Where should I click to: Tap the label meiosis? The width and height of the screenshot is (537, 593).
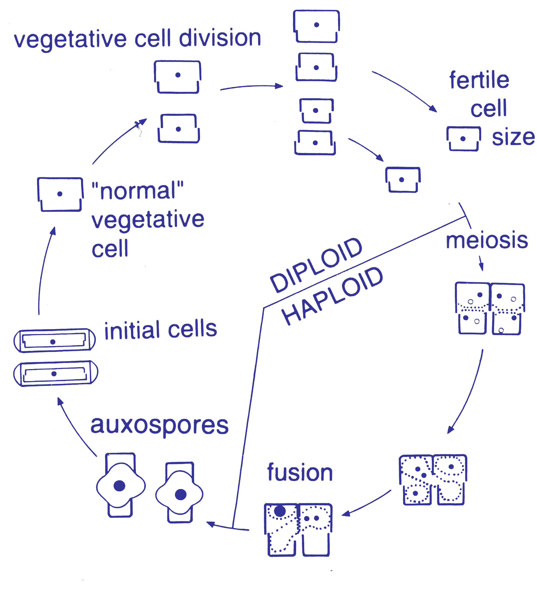click(486, 241)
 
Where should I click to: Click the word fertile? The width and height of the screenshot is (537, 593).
click(479, 80)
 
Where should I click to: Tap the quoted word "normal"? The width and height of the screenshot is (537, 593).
click(138, 191)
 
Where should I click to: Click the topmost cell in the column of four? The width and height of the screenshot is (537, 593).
click(316, 26)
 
